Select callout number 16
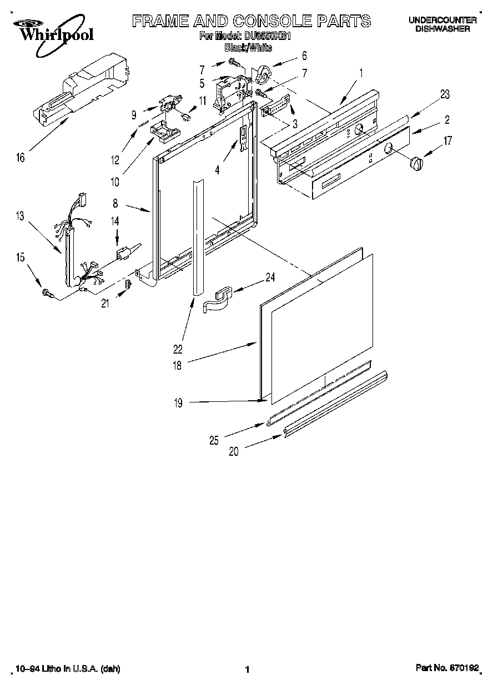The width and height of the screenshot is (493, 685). click(x=20, y=158)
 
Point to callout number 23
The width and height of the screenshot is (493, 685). click(x=444, y=94)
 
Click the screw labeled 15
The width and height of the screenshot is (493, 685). click(x=47, y=293)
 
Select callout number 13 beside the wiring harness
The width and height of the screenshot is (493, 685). click(x=20, y=216)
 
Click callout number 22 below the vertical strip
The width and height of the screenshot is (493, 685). click(x=178, y=349)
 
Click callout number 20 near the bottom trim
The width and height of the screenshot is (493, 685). click(x=234, y=452)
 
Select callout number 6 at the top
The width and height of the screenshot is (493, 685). click(x=304, y=56)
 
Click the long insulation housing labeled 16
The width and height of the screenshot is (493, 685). click(x=83, y=88)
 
